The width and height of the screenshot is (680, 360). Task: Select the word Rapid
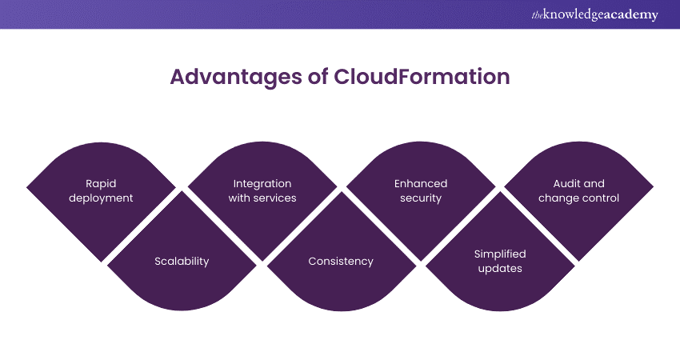click(x=102, y=184)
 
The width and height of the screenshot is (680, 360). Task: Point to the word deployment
click(x=102, y=198)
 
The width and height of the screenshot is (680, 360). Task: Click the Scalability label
click(x=182, y=261)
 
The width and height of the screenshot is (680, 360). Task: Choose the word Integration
click(x=262, y=184)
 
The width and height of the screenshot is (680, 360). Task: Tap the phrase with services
click(x=262, y=198)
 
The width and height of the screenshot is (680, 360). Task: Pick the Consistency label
click(x=341, y=261)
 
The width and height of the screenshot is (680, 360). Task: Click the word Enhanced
click(x=421, y=184)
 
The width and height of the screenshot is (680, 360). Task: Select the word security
click(x=421, y=198)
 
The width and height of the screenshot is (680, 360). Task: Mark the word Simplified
click(x=500, y=254)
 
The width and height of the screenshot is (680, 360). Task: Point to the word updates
click(x=500, y=268)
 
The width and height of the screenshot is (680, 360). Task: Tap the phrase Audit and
click(x=579, y=184)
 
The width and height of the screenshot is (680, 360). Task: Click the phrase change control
click(x=579, y=198)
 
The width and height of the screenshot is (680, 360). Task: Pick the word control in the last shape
click(x=601, y=198)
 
